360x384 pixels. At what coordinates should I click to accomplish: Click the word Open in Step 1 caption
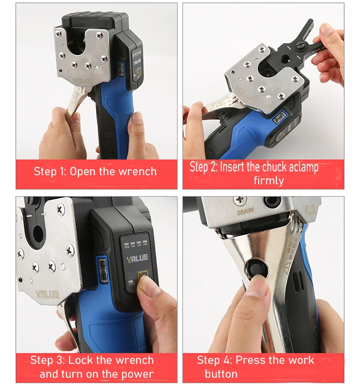[x=83, y=172]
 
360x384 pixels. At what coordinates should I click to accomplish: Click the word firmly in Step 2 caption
[x=269, y=181]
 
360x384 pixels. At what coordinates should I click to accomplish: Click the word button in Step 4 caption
[x=221, y=374]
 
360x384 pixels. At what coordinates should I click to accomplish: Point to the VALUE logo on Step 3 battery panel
[x=137, y=258]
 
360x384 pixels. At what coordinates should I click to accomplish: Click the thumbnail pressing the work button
[x=257, y=288]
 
